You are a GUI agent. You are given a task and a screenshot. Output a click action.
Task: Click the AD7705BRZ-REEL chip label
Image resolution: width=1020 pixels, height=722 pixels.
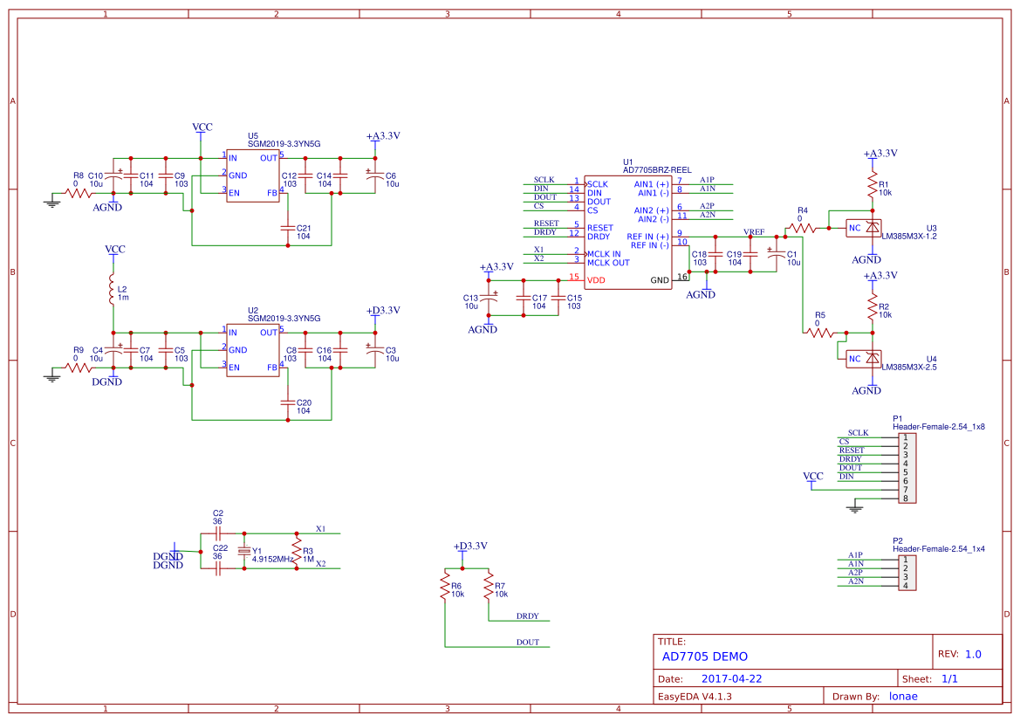[x=657, y=169]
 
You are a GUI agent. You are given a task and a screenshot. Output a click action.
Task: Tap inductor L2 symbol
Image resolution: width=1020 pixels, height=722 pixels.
[x=112, y=290]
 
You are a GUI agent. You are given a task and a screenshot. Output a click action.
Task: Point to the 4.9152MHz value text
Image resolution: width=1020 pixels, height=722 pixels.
[x=271, y=559]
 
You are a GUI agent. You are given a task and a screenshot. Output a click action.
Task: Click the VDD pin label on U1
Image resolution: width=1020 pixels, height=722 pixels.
[x=597, y=280]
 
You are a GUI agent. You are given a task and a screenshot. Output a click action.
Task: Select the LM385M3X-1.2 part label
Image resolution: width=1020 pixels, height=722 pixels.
[x=909, y=237]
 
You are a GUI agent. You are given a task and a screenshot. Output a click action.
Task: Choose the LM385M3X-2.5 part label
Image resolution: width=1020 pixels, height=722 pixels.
[x=909, y=368]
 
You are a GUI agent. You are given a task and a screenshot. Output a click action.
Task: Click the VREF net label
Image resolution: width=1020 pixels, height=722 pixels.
[x=754, y=232]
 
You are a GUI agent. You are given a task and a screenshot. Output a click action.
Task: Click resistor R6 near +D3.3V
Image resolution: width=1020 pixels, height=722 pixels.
[x=445, y=585]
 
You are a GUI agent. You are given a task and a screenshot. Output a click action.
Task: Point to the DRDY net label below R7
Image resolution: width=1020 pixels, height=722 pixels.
[x=527, y=616]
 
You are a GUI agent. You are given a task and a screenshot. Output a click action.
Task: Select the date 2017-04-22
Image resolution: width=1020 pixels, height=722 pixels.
[x=731, y=678]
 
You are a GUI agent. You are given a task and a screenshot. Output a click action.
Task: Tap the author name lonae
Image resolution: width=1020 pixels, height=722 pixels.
[x=903, y=696]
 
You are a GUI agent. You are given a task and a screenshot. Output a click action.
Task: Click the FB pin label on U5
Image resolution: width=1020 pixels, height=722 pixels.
[x=271, y=193]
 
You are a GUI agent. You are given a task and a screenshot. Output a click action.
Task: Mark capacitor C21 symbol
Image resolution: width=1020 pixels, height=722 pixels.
[x=288, y=228]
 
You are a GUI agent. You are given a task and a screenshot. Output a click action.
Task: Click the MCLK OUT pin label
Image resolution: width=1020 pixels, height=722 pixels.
[x=608, y=263]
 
